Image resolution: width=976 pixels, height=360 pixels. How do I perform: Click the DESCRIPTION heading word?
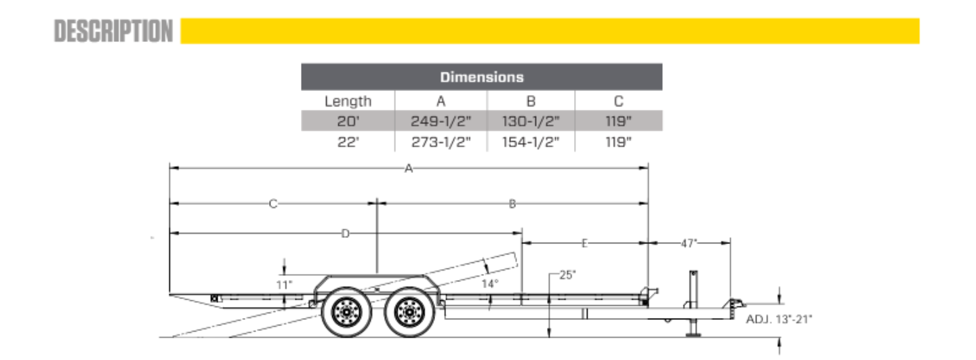113,31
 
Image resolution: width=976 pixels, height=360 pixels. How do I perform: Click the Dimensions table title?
481,77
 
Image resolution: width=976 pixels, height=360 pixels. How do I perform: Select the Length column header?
348,101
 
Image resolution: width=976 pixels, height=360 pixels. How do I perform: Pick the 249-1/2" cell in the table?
441,121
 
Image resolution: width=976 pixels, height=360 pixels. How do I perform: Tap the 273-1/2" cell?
441,142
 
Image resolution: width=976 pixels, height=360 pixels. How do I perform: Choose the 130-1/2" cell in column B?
531,121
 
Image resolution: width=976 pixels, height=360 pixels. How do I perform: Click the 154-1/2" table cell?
531,142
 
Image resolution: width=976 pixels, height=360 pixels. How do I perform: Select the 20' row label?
348,121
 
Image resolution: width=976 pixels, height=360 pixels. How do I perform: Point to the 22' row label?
348,142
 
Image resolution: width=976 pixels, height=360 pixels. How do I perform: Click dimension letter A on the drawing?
408,168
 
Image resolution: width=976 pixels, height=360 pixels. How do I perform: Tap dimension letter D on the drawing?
345,234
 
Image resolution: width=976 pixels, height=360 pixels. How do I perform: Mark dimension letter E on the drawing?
584,243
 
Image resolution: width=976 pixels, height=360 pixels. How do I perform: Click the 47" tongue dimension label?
689,243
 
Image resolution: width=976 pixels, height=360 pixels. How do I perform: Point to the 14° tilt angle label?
490,283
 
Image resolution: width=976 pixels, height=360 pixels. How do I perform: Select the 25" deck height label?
567,275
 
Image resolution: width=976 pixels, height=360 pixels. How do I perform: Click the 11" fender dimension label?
283,285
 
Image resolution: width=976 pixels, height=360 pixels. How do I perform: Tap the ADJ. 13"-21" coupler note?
779,319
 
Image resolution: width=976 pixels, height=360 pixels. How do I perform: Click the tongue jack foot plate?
693,335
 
